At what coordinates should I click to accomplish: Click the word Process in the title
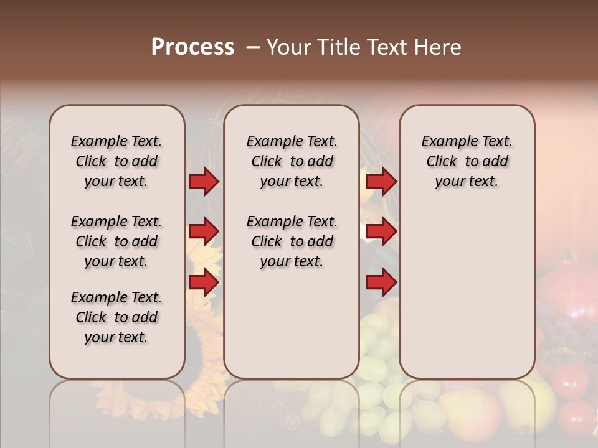[192, 47]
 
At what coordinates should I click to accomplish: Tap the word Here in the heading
[439, 47]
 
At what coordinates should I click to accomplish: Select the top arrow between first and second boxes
[204, 181]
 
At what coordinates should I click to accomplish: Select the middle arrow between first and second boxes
[204, 231]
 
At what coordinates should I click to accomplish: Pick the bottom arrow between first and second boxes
[204, 282]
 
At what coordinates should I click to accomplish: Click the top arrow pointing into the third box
[381, 181]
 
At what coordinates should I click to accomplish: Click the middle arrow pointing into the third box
[381, 231]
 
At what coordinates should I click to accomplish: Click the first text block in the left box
[116, 161]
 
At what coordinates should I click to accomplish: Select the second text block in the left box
[116, 241]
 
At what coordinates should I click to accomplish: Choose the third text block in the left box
[116, 317]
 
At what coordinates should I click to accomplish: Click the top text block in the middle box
[292, 161]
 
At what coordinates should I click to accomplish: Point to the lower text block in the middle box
[292, 241]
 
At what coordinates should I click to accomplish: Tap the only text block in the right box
[467, 161]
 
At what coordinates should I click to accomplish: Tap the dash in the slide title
[253, 47]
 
